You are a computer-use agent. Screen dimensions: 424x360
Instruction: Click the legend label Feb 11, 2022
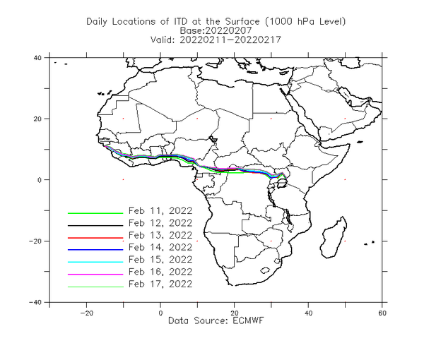pos(160,210)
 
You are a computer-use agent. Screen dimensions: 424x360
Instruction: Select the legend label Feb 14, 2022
pos(160,247)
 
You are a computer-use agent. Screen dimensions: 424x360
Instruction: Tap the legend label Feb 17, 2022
pos(160,284)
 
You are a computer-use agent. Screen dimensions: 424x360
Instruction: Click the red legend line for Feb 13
pos(95,238)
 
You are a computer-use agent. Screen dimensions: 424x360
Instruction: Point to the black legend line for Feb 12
pos(95,225)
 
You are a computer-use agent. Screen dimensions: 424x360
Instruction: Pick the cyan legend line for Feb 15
pos(95,262)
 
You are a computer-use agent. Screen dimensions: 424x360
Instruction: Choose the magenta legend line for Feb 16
pos(95,274)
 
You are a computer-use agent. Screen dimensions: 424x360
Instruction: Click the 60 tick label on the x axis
pos(382,313)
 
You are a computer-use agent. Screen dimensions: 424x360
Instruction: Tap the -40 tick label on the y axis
pos(35,302)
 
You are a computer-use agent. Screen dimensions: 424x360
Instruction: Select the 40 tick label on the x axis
pos(308,313)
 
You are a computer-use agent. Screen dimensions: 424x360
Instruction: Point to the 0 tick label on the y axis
pos(40,180)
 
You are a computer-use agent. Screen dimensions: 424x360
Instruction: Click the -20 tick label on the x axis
pos(86,313)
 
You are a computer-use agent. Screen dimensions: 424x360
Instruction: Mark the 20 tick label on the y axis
pos(37,119)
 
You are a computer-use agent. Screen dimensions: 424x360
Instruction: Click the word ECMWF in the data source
pos(248,320)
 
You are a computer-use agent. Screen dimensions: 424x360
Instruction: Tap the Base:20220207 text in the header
pos(216,30)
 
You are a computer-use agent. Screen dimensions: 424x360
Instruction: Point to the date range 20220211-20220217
pos(230,40)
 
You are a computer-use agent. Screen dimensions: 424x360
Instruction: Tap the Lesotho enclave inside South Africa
pos(264,270)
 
